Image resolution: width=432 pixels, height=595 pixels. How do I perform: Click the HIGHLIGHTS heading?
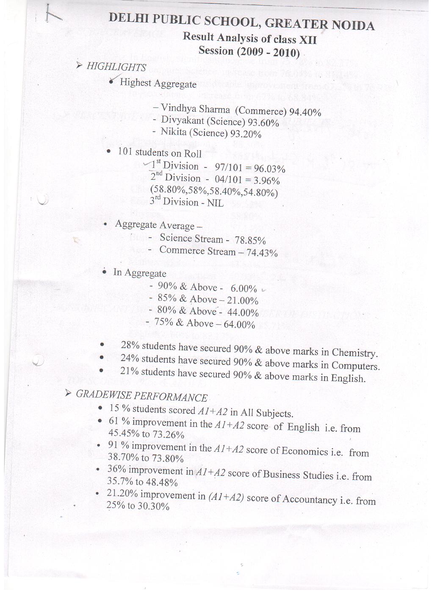(116, 67)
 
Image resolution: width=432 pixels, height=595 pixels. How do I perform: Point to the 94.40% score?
(305, 112)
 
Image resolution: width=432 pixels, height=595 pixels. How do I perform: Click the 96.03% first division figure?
(268, 169)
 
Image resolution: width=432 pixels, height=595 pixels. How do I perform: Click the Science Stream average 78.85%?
(250, 241)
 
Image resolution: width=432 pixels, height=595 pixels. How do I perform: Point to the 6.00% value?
(244, 289)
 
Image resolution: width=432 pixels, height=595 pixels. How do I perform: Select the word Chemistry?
(354, 353)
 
